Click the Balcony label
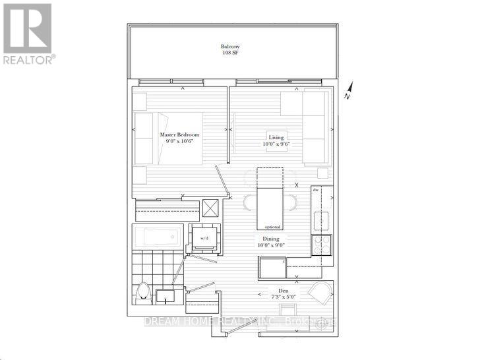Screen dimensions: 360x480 230,47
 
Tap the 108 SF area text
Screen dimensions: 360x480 230,53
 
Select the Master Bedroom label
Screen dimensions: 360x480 179,135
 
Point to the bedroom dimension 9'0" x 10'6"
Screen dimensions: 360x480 179,142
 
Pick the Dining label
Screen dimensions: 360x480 271,239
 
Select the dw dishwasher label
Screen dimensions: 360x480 316,191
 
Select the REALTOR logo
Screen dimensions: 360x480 28,32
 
